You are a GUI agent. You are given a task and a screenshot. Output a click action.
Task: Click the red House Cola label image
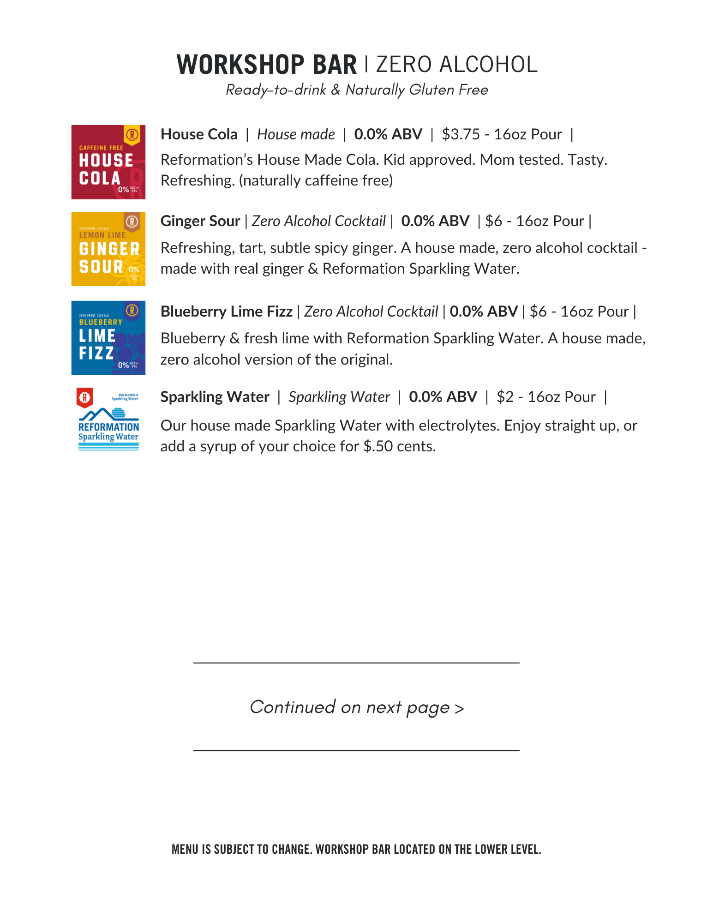coord(108,162)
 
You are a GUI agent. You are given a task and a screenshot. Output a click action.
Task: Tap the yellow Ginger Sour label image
coord(108,249)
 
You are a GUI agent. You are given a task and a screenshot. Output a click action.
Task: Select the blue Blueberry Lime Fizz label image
coord(108,337)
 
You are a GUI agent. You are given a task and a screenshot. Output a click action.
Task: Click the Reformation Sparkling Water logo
coord(108,420)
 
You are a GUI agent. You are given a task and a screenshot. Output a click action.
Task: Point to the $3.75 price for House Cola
coord(461,134)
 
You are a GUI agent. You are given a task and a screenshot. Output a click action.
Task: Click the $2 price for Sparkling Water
coord(505,397)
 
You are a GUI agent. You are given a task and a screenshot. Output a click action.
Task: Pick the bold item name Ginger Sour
coord(200,221)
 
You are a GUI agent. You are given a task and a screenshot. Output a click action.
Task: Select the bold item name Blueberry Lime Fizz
coord(226,312)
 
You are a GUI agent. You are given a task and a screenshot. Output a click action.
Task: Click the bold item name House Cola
coord(199,134)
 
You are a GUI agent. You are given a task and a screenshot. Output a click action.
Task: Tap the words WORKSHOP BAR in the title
coord(267,65)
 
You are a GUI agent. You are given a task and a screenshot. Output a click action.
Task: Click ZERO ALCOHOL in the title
coord(457,65)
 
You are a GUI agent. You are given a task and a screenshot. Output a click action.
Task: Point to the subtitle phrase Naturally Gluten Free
coord(417,90)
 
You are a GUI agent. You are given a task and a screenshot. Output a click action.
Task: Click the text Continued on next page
coord(356,707)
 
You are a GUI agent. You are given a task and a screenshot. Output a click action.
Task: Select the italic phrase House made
coord(296,134)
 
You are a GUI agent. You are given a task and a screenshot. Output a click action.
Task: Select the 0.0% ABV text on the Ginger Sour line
coord(435,221)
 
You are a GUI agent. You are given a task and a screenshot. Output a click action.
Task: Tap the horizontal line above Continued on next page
coord(356,663)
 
